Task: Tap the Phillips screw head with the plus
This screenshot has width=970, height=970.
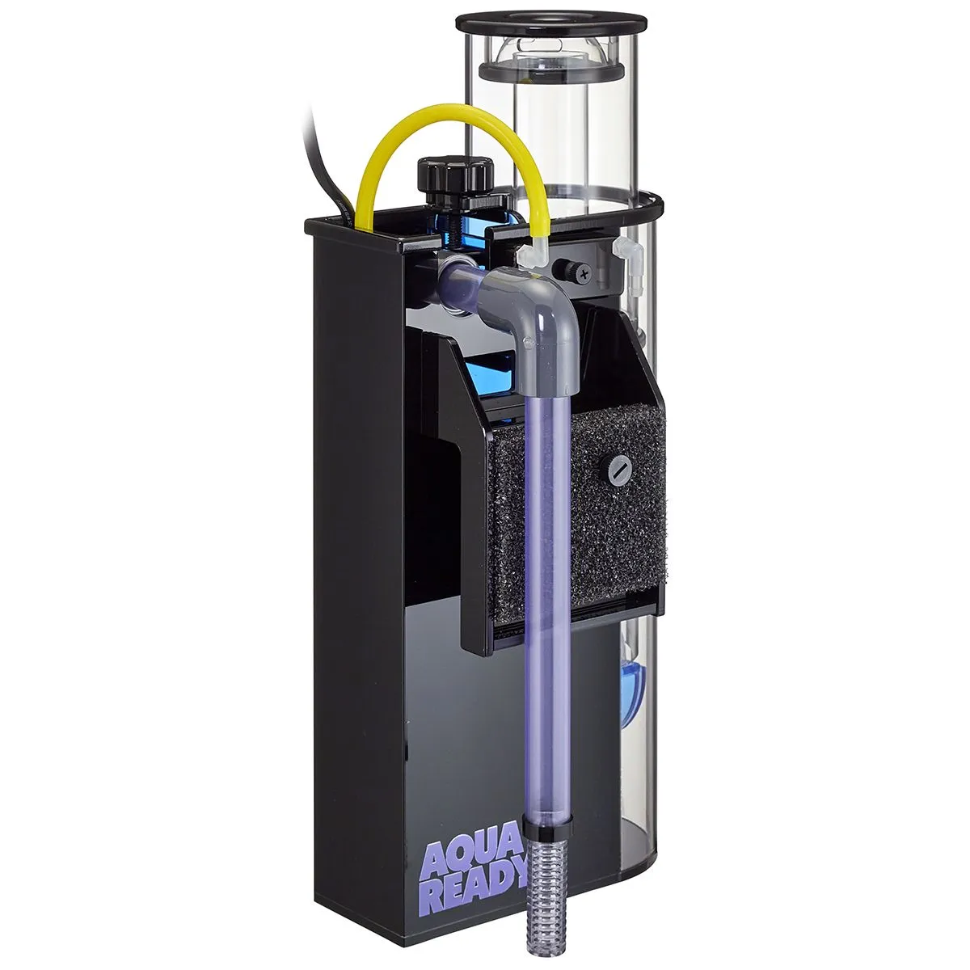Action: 584,274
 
